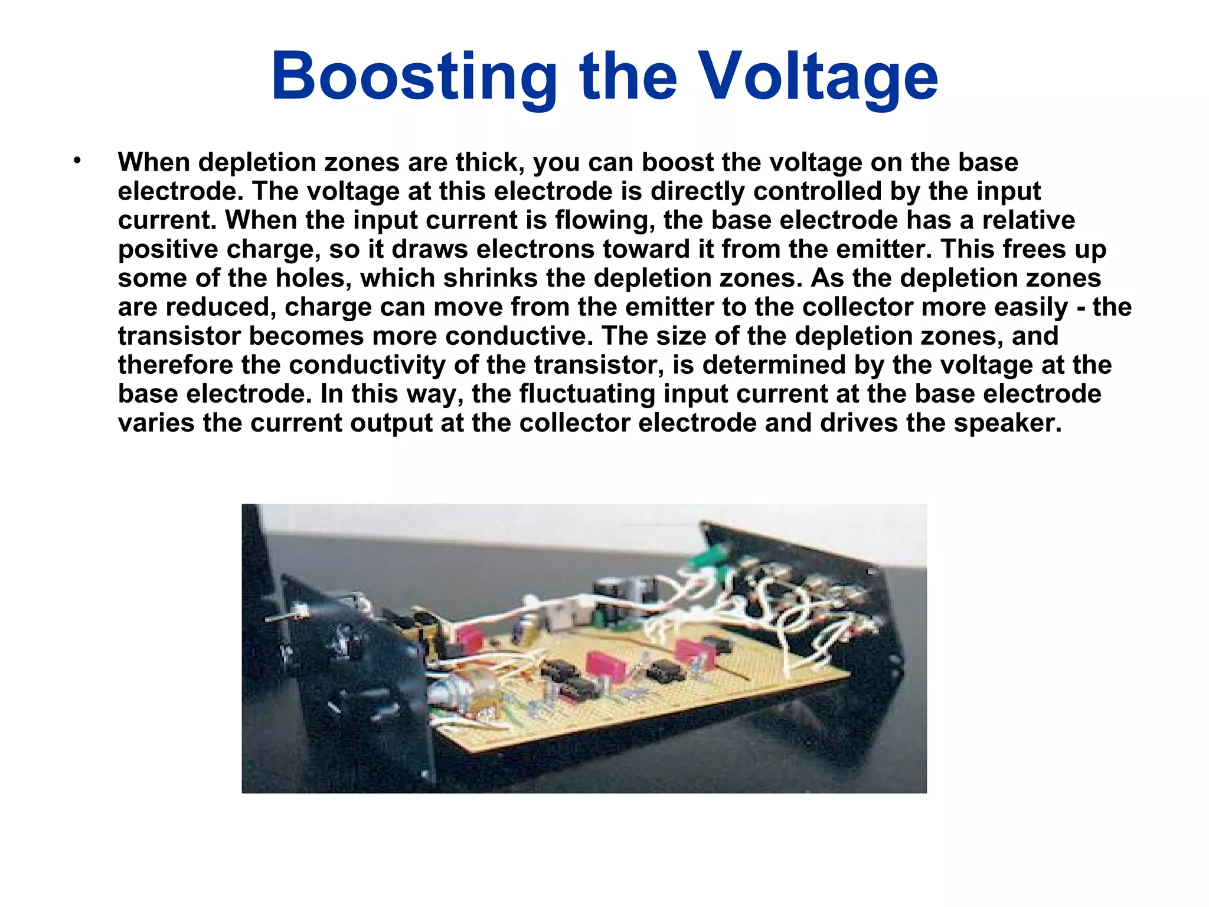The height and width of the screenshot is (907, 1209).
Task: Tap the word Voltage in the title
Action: pyautogui.click(x=818, y=77)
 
